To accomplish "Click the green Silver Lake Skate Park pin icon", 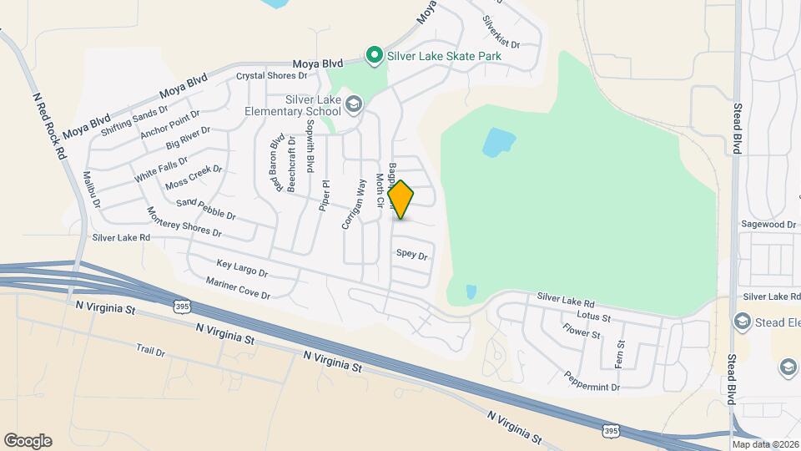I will tap(375, 57).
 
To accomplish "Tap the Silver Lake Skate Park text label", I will tap(444, 57).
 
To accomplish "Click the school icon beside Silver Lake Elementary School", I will tap(354, 104).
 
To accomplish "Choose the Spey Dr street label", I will tap(411, 254).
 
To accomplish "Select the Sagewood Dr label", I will tap(768, 225).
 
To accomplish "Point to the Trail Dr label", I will tap(151, 352).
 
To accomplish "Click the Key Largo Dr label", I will tap(241, 268).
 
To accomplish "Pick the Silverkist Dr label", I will tap(501, 32).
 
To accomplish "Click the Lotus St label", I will tap(593, 317).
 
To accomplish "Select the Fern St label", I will tap(620, 356).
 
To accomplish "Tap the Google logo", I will tap(28, 441).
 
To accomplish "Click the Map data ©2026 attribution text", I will tap(764, 443).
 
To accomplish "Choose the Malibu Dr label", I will tap(92, 191).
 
